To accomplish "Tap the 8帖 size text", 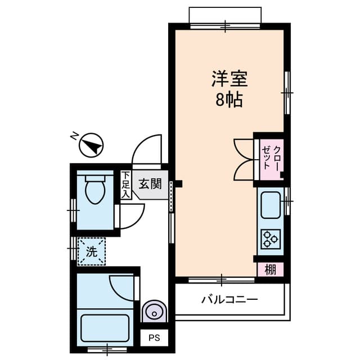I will point(229,100).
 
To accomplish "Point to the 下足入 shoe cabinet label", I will point(126,184).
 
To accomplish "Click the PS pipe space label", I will point(154,339).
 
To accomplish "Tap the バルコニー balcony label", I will point(229,299).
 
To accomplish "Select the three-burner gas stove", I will point(271,238).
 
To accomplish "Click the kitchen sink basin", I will point(271,206).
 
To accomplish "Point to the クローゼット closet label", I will point(271,160).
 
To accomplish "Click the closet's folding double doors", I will point(244,160).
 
